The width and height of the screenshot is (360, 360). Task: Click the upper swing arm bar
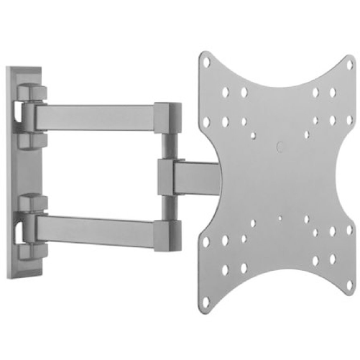click(x=101, y=115)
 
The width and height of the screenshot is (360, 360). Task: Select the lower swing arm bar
click(x=101, y=229)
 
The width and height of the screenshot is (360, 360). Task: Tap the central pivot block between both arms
click(x=165, y=175)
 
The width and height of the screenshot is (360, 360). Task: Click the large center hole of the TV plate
click(x=279, y=147)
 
